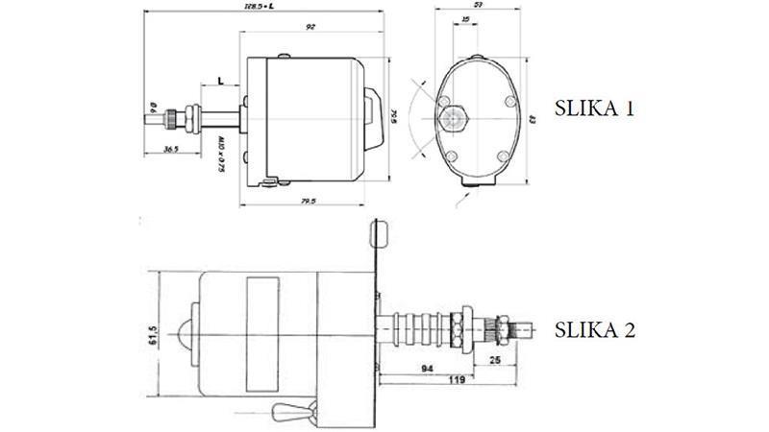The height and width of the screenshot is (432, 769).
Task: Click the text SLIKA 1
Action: [594, 108]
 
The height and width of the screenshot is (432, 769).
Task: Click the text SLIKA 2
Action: [595, 330]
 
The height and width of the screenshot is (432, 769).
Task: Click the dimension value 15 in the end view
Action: [465, 19]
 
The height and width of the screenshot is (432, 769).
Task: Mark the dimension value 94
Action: [425, 368]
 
